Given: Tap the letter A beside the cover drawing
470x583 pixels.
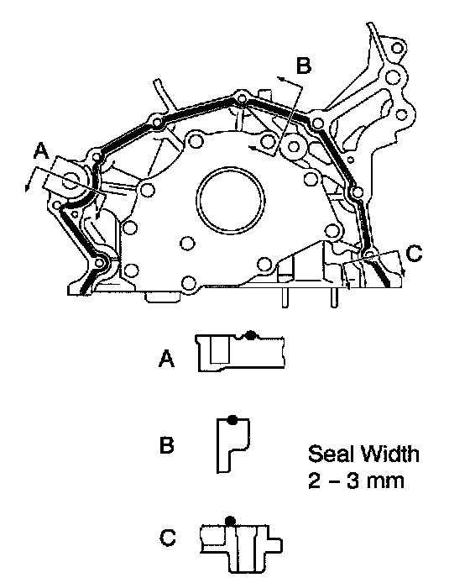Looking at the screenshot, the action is click(42, 152).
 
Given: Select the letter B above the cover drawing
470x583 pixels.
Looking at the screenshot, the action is click(304, 66).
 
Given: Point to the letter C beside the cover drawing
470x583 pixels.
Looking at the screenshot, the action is click(414, 254).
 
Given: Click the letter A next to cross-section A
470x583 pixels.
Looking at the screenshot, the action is click(166, 360).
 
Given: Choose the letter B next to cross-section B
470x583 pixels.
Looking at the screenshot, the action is click(166, 444).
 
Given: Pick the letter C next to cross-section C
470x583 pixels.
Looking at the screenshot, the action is click(168, 538).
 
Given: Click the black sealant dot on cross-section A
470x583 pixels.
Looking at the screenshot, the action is click(251, 334).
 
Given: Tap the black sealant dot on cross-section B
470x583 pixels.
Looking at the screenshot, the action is click(232, 420).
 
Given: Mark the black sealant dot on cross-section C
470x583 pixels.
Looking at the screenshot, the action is click(230, 521).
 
